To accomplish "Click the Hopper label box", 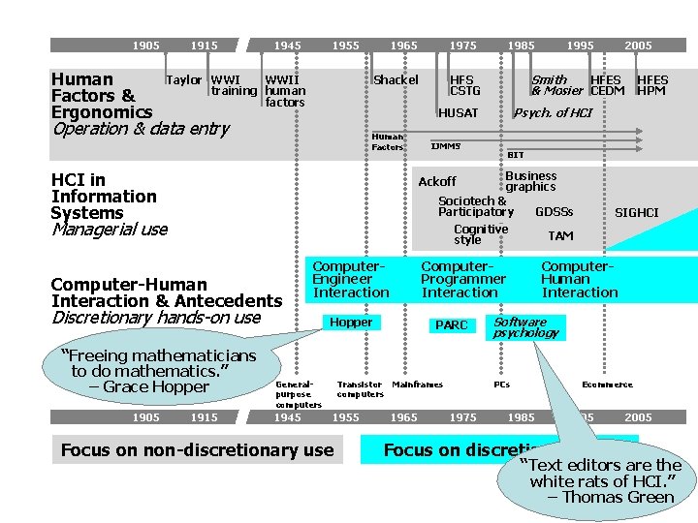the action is tap(351, 322).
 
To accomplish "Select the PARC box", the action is tap(451, 325).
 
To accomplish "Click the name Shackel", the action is tap(396, 79).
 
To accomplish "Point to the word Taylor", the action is tap(184, 79).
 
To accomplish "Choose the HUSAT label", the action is tap(458, 113).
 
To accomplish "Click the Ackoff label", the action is tap(437, 181).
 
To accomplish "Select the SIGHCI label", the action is tap(637, 212).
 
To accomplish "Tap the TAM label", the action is tap(560, 235).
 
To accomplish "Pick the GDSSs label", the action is tap(555, 212).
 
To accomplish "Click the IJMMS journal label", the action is tap(446, 146).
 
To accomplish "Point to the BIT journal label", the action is tap(516, 155).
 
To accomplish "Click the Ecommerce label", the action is tap(607, 385).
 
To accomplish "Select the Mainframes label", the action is tap(417, 385).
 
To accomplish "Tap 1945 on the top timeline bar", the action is tap(287, 46).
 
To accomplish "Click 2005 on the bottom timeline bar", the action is tap(638, 417).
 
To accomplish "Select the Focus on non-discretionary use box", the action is tap(197, 449).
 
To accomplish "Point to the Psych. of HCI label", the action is tap(553, 113).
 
